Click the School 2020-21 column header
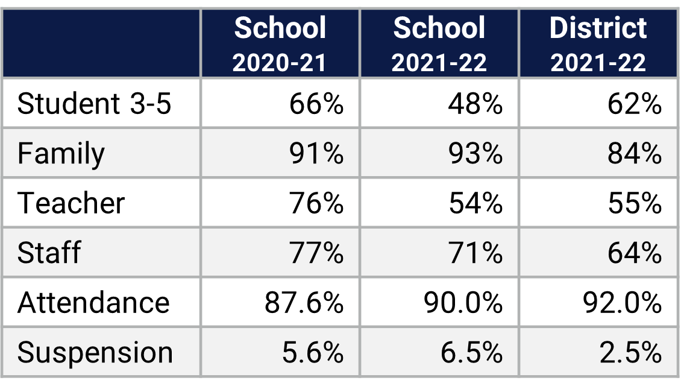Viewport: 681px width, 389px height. pos(280,44)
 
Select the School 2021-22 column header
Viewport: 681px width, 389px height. pos(439,44)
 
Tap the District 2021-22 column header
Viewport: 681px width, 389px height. pos(598,44)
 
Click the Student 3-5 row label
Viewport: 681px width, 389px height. pos(95,104)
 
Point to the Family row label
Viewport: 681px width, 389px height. pos(61,154)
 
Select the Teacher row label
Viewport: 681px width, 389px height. pos(71,203)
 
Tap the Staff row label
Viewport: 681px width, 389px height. pos(49,252)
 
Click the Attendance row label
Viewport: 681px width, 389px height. pos(93,302)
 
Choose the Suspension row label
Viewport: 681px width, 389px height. pos(95,352)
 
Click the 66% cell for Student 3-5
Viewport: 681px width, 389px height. pos(316,104)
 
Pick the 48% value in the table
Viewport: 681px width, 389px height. pos(475,104)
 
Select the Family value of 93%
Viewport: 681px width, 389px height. pos(475,154)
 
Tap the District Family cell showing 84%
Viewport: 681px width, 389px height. pos(634,154)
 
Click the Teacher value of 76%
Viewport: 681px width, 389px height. pos(316,203)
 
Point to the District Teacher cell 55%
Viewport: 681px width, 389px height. pos(634,203)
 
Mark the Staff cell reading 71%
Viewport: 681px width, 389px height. pos(475,252)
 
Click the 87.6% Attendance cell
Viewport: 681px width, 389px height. pos(304,302)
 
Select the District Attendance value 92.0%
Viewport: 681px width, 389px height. pos(622,302)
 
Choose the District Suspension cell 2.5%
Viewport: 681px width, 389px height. pos(630,352)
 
